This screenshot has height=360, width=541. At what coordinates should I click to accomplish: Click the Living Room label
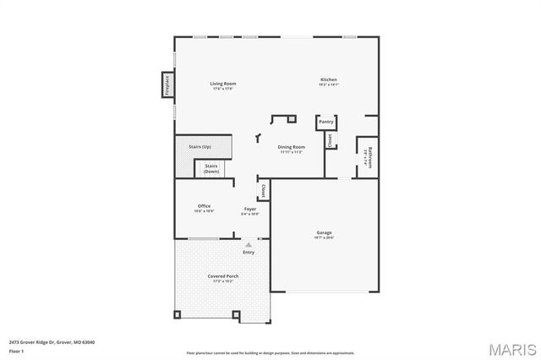(x=223, y=84)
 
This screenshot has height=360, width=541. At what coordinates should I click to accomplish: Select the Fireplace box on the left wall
(x=167, y=86)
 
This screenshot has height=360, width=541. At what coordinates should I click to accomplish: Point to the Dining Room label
(x=292, y=147)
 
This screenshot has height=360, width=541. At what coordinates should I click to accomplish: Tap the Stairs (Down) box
(x=211, y=168)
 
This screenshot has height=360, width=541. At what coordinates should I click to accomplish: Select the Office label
(x=204, y=206)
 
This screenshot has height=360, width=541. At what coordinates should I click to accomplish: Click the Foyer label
(x=250, y=209)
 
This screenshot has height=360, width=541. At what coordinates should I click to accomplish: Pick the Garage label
(x=325, y=233)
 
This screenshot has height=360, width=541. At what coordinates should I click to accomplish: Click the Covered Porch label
(x=223, y=276)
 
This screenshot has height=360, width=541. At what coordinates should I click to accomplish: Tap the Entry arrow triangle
(x=249, y=243)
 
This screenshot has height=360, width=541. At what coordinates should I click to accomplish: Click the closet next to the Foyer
(x=263, y=192)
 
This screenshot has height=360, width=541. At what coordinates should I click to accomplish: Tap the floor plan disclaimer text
(x=270, y=352)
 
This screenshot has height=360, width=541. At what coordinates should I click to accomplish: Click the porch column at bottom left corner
(x=178, y=315)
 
